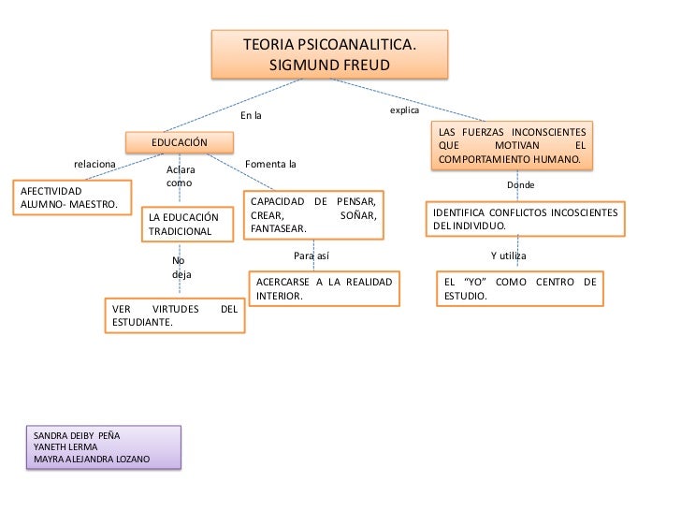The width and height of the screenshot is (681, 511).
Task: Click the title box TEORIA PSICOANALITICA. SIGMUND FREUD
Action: click(329, 54)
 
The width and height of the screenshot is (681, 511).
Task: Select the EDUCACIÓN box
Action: click(180, 141)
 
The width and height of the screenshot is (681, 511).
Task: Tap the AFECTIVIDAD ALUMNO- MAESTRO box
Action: click(70, 197)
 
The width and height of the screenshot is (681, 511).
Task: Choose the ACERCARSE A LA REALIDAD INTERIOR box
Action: click(324, 287)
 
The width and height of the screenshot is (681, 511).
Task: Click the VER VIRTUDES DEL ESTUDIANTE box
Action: click(174, 315)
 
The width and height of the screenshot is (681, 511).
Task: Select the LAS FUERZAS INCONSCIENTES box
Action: click(512, 146)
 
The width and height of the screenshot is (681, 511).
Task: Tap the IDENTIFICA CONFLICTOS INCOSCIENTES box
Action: click(524, 219)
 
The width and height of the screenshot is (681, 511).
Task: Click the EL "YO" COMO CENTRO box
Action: click(519, 288)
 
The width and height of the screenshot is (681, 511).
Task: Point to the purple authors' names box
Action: click(103, 447)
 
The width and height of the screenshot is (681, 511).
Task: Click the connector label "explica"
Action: click(404, 110)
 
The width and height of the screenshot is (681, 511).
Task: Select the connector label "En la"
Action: click(251, 116)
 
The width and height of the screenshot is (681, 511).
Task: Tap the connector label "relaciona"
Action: click(94, 164)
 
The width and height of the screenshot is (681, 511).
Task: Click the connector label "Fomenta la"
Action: click(269, 165)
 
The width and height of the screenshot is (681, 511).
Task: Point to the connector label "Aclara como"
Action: click(181, 176)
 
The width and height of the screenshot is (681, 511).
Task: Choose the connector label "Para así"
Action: click(311, 255)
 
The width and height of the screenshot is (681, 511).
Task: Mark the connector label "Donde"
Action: click(520, 185)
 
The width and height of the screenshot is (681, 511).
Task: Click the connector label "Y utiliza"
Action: click(509, 255)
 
